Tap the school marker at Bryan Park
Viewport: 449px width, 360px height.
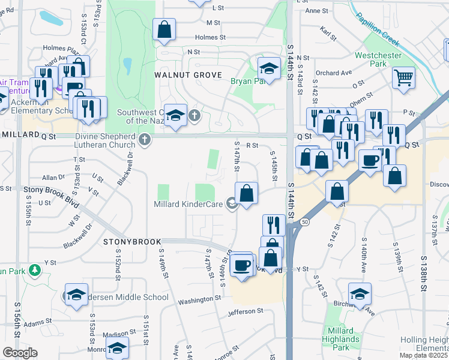270,69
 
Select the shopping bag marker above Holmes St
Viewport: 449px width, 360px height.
164,29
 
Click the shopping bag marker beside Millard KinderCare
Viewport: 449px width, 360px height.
246,194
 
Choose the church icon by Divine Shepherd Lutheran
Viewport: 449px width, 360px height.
143,140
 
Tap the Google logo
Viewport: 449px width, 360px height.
20,353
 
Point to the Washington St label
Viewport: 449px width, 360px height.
196,299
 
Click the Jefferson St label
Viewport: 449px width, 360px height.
246,311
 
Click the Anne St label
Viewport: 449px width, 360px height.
317,11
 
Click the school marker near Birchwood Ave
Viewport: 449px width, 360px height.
360,294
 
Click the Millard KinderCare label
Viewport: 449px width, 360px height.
189,204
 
